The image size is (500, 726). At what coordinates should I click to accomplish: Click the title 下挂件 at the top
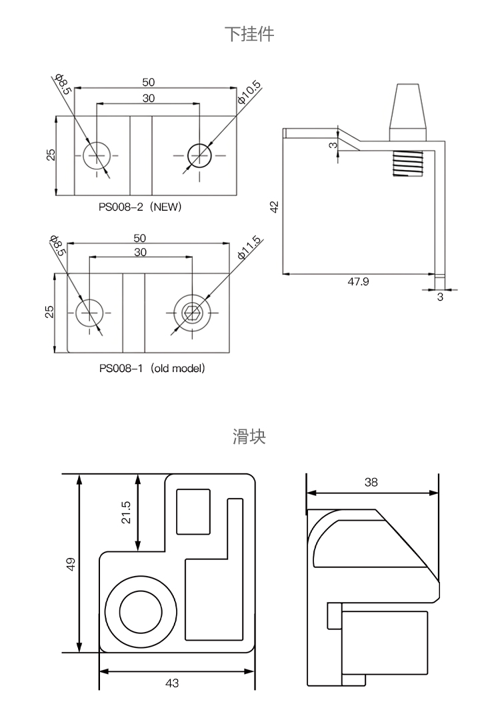(x=249, y=35)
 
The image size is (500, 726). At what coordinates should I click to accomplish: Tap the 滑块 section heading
(x=249, y=437)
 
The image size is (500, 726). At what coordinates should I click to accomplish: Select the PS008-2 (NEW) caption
(x=140, y=207)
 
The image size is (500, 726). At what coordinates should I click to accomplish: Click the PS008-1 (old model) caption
(x=151, y=368)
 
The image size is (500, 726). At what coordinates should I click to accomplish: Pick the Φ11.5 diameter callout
(x=250, y=249)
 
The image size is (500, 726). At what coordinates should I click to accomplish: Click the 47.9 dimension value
(x=359, y=282)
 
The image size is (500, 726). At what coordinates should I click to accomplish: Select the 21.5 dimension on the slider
(x=126, y=512)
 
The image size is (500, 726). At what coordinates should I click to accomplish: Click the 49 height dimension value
(x=71, y=563)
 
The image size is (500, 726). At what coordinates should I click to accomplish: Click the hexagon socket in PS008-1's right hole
(x=193, y=313)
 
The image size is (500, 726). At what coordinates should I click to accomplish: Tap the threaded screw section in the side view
(x=407, y=163)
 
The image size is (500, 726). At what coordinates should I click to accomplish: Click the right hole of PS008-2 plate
(x=199, y=155)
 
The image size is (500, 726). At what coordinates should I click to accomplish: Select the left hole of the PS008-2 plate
(x=97, y=155)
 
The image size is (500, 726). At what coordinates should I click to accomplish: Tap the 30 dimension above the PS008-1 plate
(x=140, y=253)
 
